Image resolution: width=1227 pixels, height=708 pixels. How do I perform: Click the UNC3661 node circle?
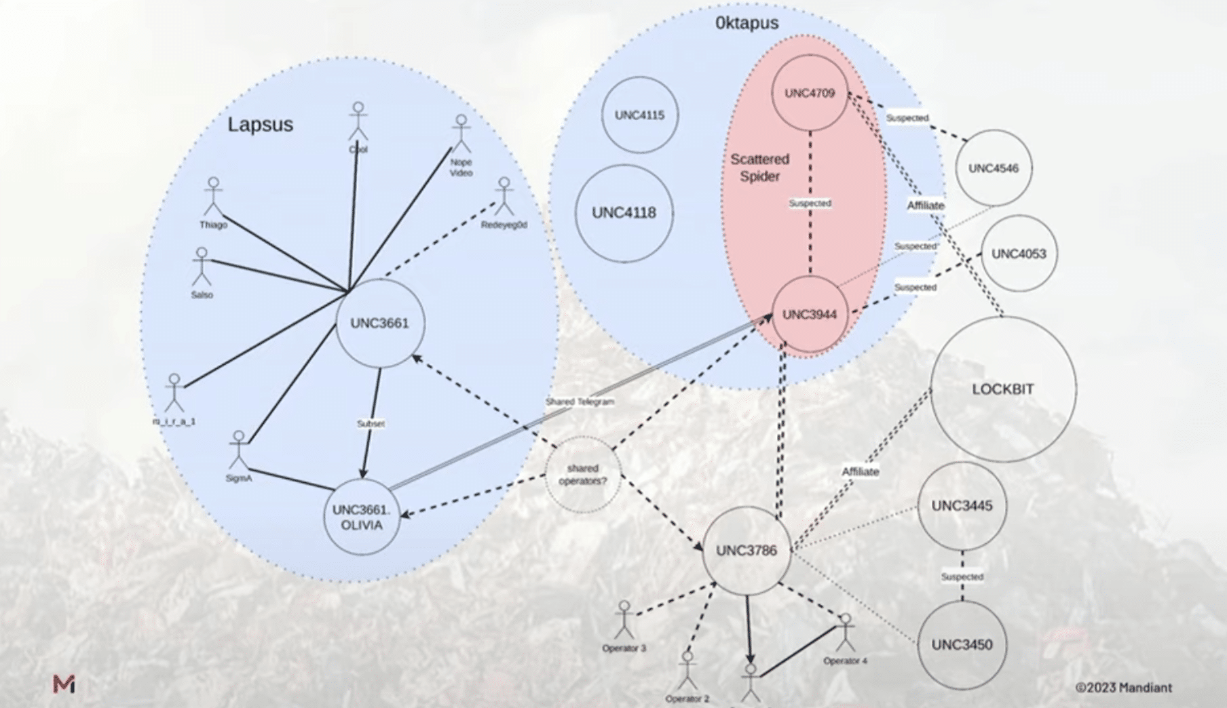[x=380, y=323]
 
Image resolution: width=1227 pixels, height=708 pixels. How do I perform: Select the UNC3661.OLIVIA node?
[x=362, y=517]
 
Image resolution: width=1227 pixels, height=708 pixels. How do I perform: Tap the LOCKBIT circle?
[x=1002, y=389]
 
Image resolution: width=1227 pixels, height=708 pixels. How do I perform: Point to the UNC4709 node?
[x=810, y=93]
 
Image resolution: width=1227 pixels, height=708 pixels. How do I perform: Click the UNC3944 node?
[x=810, y=315]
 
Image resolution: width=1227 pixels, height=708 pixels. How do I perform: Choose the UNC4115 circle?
[x=639, y=115]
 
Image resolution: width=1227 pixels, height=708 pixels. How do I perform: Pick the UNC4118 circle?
[x=624, y=213]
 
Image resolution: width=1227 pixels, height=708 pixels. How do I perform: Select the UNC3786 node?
[x=747, y=550]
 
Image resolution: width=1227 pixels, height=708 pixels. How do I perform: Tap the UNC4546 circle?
[x=993, y=168]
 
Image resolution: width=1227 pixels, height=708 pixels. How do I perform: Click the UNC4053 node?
[x=1019, y=254]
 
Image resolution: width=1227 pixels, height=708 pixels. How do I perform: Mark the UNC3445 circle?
[x=962, y=506]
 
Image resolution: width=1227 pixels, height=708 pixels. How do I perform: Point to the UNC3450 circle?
[x=962, y=644]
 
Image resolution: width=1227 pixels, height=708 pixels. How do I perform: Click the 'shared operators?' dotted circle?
[x=583, y=474]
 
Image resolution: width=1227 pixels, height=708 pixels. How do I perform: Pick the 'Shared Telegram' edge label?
[x=580, y=401]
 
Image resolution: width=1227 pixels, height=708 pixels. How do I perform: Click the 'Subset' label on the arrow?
[x=371, y=423]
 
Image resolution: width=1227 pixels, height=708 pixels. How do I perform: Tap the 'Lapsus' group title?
[x=260, y=125]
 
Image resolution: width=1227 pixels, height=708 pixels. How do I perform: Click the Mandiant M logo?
[x=64, y=684]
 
